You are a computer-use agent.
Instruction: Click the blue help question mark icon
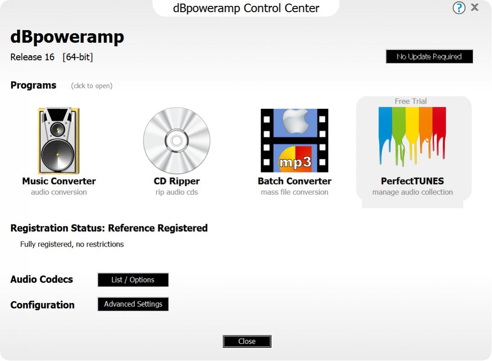coord(459,8)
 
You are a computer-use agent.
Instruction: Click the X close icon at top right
coord(475,7)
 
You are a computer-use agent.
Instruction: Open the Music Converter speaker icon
coord(59,140)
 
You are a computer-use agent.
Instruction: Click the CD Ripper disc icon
coord(176,140)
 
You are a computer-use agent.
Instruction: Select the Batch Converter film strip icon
coord(294,140)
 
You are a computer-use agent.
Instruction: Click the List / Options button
coord(133,280)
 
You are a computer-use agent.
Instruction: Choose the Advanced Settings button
coord(133,304)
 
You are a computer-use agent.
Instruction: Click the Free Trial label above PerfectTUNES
coord(411,101)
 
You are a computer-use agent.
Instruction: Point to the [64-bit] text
coord(77,57)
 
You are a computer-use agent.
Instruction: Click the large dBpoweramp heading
coord(67,37)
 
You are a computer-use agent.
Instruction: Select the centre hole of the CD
coord(176,141)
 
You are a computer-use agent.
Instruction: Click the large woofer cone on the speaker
coord(58,155)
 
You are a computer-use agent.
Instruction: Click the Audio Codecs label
coord(41,280)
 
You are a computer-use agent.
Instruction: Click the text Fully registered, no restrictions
coord(72,244)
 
